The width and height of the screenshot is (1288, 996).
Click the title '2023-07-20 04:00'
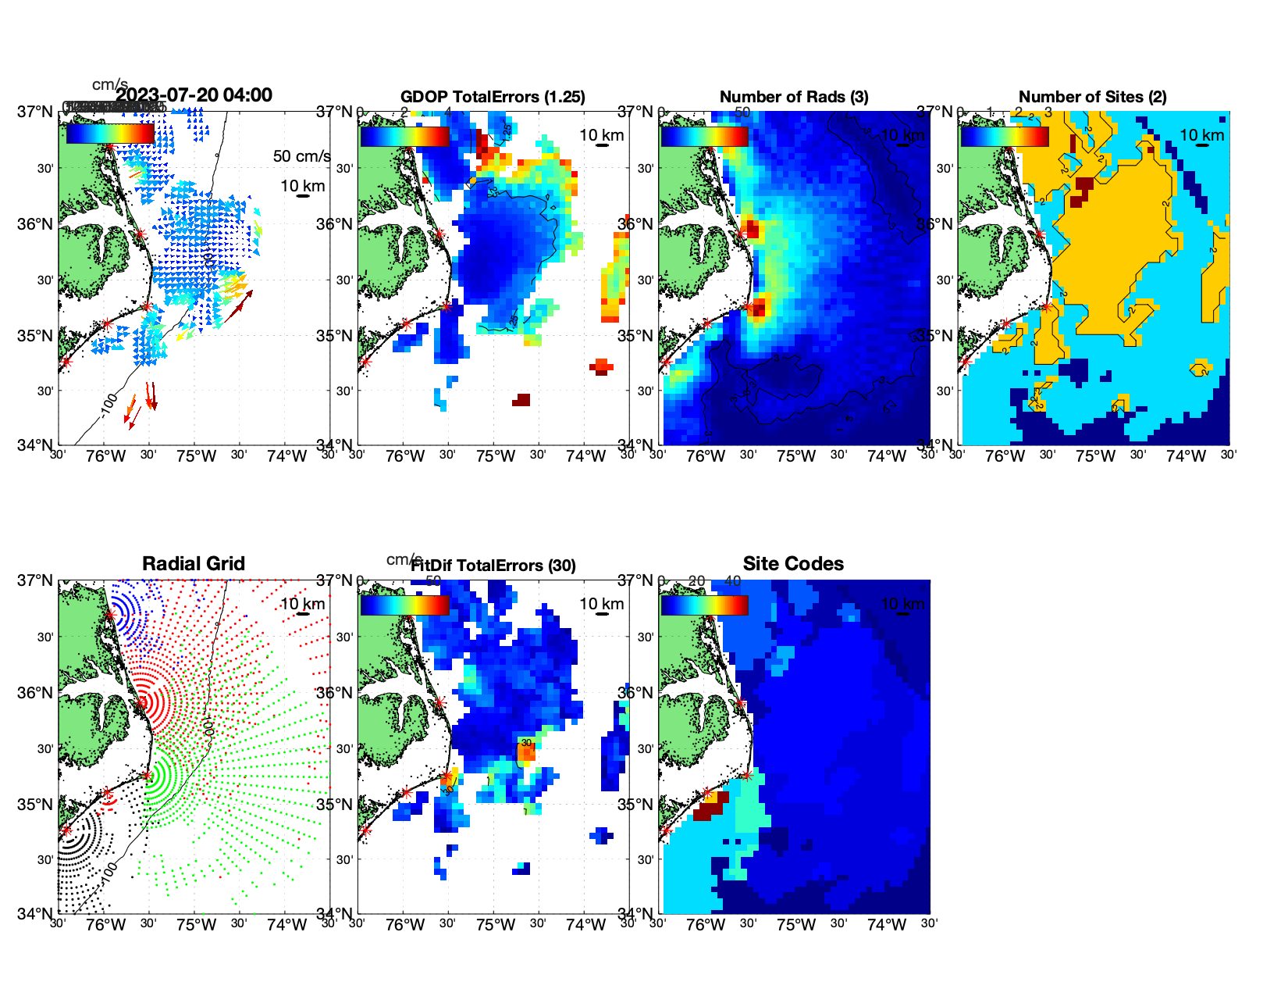(194, 95)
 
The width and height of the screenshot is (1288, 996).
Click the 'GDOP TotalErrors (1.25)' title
(493, 97)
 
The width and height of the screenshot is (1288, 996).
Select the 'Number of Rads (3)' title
(794, 97)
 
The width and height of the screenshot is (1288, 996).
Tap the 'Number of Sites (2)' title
(1093, 97)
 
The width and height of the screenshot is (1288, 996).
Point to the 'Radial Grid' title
(194, 564)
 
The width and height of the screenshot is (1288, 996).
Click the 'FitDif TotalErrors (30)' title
(493, 566)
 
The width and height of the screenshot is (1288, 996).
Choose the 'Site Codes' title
(793, 564)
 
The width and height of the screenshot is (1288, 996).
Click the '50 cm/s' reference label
(301, 156)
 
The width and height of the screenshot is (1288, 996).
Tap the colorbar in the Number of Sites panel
(1005, 136)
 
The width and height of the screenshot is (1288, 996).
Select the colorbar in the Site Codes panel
(704, 605)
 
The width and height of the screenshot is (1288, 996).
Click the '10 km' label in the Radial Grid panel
(303, 604)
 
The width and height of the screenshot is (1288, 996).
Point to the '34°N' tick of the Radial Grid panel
(35, 913)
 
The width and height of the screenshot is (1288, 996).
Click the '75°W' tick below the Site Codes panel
(796, 925)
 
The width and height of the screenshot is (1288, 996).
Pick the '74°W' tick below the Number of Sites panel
(1186, 456)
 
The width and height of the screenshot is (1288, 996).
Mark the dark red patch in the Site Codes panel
(709, 809)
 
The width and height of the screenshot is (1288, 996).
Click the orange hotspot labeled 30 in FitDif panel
(526, 751)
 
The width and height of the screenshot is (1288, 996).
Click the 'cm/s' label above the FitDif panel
(404, 559)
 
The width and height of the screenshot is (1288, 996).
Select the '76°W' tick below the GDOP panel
(405, 456)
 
